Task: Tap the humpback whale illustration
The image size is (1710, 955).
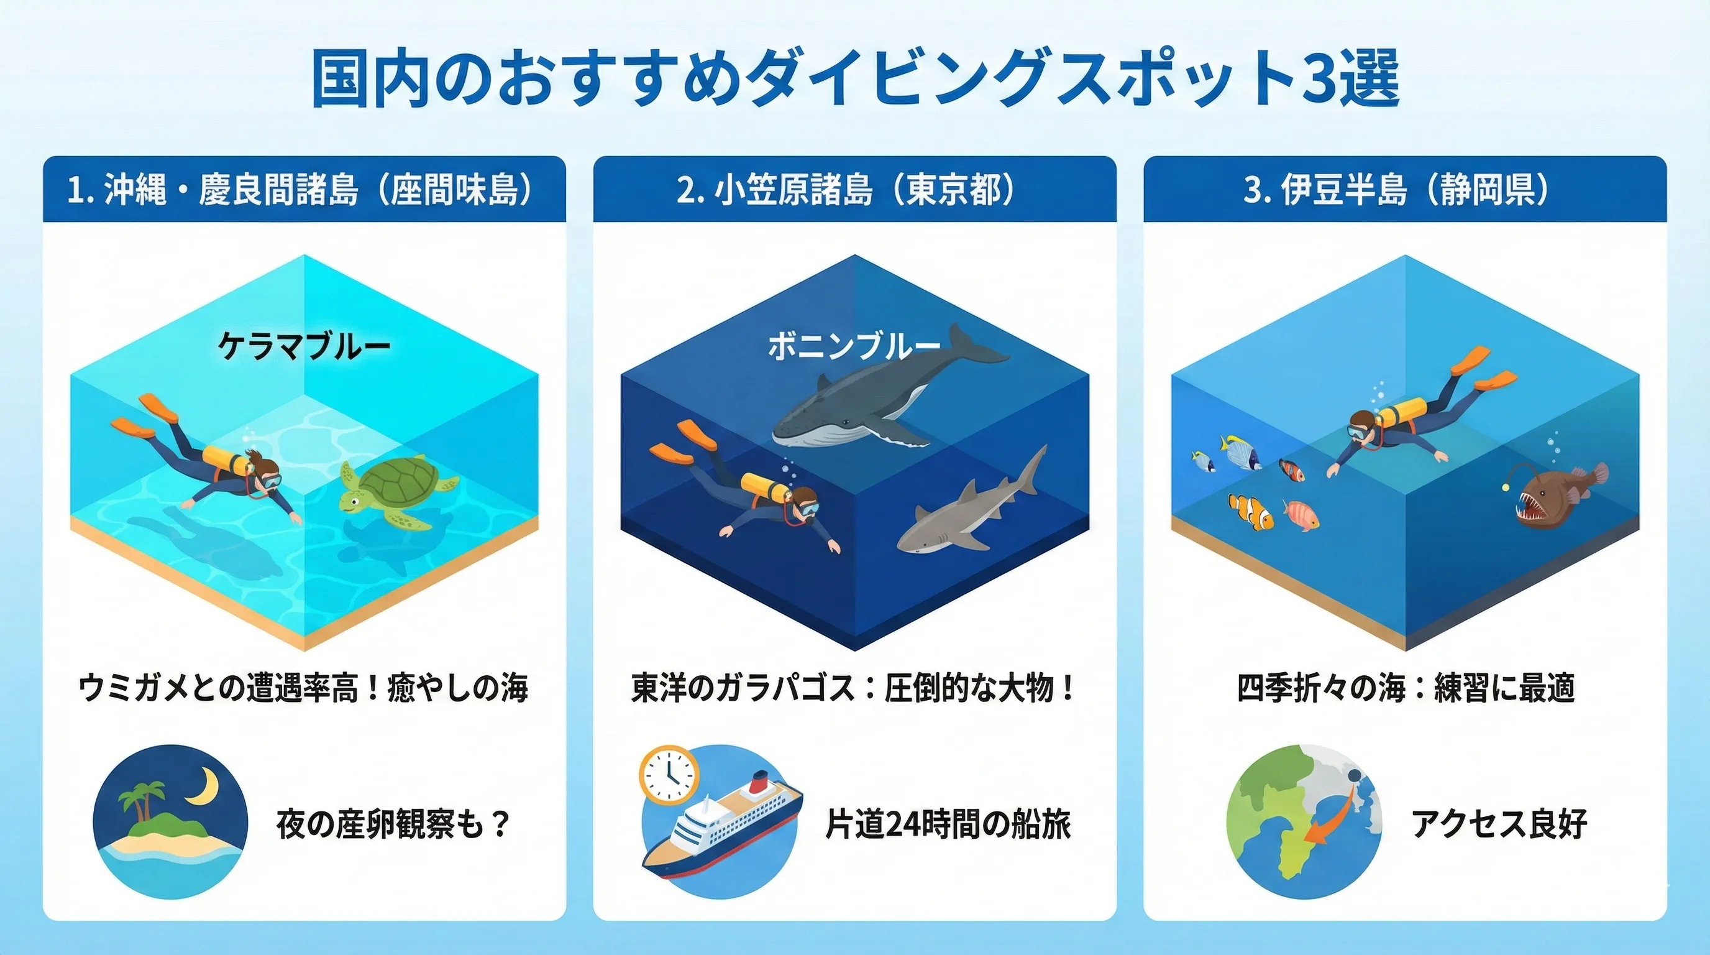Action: pyautogui.click(x=890, y=392)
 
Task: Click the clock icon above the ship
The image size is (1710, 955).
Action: pyautogui.click(x=669, y=775)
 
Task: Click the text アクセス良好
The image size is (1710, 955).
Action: pyautogui.click(x=1499, y=824)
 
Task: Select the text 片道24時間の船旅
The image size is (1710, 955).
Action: pyautogui.click(x=948, y=824)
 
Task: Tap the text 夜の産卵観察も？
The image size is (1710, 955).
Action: pyautogui.click(x=393, y=824)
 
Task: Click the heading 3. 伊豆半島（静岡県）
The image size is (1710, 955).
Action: pyautogui.click(x=1396, y=190)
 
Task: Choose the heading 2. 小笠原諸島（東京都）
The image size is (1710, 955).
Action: pyautogui.click(x=846, y=190)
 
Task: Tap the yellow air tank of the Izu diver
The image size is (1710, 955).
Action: pyautogui.click(x=1401, y=411)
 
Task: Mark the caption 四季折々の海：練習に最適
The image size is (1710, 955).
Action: pyautogui.click(x=1406, y=688)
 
